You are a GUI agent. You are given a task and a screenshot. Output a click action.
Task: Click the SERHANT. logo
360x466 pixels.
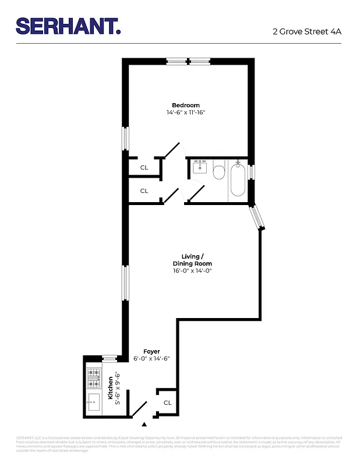pyautogui.click(x=68, y=26)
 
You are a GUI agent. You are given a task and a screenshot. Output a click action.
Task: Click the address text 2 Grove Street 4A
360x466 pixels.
pyautogui.click(x=307, y=31)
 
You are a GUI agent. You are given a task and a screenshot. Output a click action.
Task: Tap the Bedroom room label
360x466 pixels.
pyautogui.click(x=185, y=105)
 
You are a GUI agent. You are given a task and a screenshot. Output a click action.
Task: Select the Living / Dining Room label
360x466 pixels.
pyautogui.click(x=192, y=260)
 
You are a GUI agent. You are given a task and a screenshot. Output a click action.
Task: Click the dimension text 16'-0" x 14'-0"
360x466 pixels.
pyautogui.click(x=192, y=270)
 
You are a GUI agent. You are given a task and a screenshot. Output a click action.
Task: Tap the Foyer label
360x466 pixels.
pyautogui.click(x=151, y=351)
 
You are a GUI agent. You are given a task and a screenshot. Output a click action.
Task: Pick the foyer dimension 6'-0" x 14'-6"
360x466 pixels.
pyautogui.click(x=151, y=359)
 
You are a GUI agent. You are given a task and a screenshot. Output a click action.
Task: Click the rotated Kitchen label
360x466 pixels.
pyautogui.click(x=110, y=387)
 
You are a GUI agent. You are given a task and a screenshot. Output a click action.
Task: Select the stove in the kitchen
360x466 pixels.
pyautogui.click(x=94, y=377)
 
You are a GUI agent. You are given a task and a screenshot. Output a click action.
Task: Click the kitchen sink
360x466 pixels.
pyautogui.click(x=94, y=401)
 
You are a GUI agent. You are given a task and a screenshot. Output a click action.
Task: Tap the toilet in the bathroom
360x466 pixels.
pyautogui.click(x=219, y=171)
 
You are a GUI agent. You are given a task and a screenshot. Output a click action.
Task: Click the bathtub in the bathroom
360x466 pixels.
pyautogui.click(x=238, y=180)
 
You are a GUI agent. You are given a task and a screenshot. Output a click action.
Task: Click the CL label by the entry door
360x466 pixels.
pyautogui.click(x=167, y=403)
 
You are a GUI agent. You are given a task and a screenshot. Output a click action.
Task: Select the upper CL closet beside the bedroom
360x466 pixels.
pyautogui.click(x=144, y=167)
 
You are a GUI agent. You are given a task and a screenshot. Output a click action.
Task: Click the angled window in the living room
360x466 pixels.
pyautogui.click(x=256, y=218)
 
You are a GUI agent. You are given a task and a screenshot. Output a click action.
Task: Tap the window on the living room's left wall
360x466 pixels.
pyautogui.click(x=125, y=283)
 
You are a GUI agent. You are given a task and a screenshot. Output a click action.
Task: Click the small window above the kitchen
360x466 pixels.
pyautogui.click(x=109, y=358)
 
